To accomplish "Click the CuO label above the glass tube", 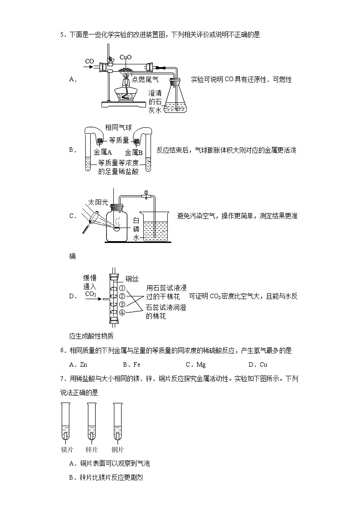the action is pyautogui.click(x=126, y=58).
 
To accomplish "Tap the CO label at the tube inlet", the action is pyautogui.click(x=89, y=61).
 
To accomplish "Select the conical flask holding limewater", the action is pyautogui.click(x=175, y=97).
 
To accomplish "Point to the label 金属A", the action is pyautogui.click(x=102, y=152).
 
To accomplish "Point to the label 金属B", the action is pyautogui.click(x=134, y=152).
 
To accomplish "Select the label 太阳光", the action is pyautogui.click(x=98, y=202).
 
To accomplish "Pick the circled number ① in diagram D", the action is pyautogui.click(x=122, y=288).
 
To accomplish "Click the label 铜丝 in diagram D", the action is pyautogui.click(x=131, y=280).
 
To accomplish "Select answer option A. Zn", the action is pyautogui.click(x=78, y=364).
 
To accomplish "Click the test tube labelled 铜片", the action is pyautogui.click(x=117, y=422).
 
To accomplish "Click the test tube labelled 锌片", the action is pyautogui.click(x=92, y=422).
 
